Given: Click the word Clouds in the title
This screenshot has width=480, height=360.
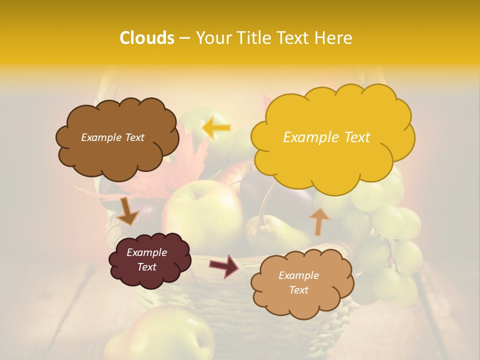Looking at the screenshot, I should coord(147,38).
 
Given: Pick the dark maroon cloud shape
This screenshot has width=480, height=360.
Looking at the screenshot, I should coord(149,259).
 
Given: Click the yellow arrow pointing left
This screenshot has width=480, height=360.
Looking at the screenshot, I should coord(216,127).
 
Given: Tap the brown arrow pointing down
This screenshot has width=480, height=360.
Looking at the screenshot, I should coord(127,211).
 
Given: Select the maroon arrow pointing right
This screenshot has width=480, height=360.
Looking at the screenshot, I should coord(224,265).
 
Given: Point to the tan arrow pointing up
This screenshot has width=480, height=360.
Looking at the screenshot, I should coord(319,221).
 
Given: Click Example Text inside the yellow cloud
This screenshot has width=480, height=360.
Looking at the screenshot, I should coord(326,137).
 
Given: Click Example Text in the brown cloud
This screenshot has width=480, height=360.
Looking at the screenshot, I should coord(113,137).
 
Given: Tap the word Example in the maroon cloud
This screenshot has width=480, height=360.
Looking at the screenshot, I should coord(146,252).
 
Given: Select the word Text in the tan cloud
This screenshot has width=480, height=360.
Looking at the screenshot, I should coord(299,290).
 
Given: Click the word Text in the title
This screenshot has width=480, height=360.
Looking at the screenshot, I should coord(292,38).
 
